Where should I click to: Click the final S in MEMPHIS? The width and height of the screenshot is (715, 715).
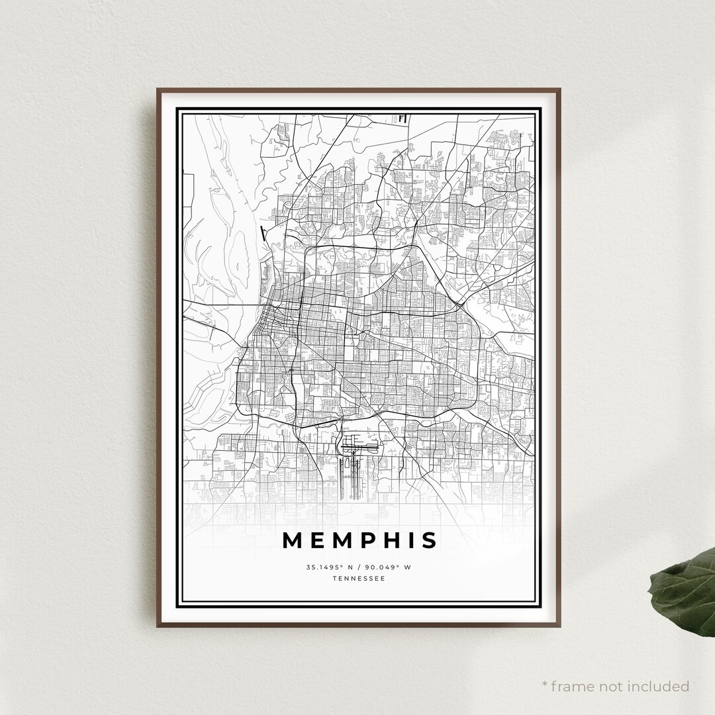point(430,540)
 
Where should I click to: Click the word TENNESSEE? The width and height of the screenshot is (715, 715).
point(359,579)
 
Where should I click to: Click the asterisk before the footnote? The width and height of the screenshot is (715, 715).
point(545,684)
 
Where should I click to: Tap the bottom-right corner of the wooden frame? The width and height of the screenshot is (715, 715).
point(560,626)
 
